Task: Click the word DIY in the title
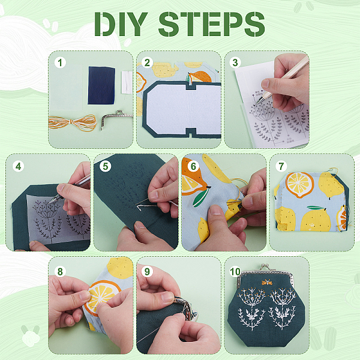pyautogui.click(x=121, y=24)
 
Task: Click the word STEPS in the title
pyautogui.click(x=211, y=24)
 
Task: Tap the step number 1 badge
pyautogui.click(x=60, y=62)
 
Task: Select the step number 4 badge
pyautogui.click(x=19, y=166)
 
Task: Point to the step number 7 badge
pyautogui.click(x=281, y=166)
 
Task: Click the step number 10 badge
pyautogui.click(x=235, y=272)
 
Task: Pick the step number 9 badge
pyautogui.click(x=147, y=272)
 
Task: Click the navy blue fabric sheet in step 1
pyautogui.click(x=101, y=86)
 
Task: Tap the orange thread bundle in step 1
pyautogui.click(x=73, y=123)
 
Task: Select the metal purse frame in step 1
pyautogui.click(x=116, y=116)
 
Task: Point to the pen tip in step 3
pyautogui.click(x=257, y=103)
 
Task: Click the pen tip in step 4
pyautogui.click(x=50, y=202)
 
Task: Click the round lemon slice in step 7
pyautogui.click(x=299, y=185)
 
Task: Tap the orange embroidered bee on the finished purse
pyautogui.click(x=267, y=282)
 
